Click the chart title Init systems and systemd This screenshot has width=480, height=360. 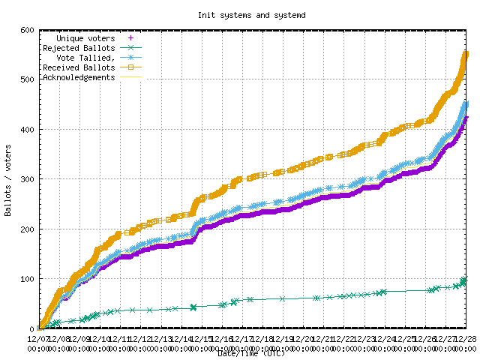pos(239,14)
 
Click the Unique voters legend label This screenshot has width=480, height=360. pos(86,37)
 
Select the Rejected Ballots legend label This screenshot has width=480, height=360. pos(79,47)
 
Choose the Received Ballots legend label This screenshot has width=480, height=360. pos(79,67)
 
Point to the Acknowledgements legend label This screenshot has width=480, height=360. pos(79,76)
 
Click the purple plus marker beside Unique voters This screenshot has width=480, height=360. pos(131,37)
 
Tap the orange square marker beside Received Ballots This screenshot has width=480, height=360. pos(131,67)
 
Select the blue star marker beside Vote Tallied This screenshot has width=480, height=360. pos(131,57)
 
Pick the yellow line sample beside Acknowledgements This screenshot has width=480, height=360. pos(131,76)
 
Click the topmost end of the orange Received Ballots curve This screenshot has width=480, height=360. pos(466,54)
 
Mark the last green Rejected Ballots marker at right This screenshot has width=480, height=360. pos(464,280)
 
